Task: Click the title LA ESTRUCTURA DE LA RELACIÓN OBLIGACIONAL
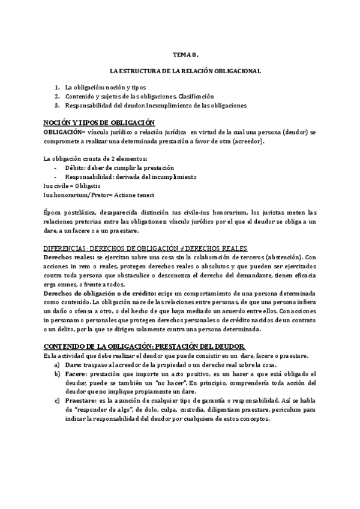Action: [x=180, y=71]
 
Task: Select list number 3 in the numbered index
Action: [x=57, y=105]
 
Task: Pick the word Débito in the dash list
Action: [x=76, y=167]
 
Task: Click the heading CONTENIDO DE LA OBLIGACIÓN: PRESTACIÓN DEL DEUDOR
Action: [x=145, y=346]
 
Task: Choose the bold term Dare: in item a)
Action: [x=75, y=364]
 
